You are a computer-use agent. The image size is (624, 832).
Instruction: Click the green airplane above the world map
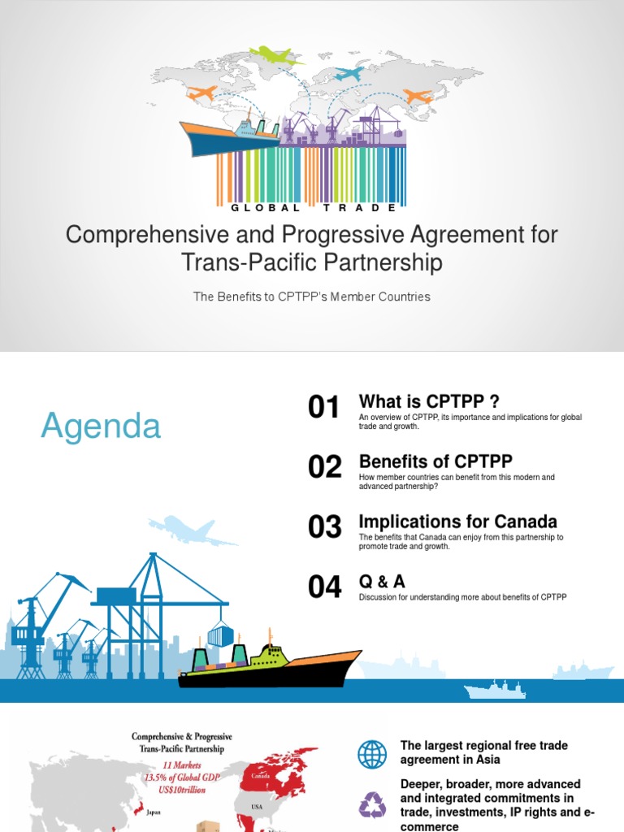tap(276, 56)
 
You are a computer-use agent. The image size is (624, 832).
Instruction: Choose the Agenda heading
tap(101, 426)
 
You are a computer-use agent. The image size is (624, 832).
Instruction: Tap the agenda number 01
tap(324, 408)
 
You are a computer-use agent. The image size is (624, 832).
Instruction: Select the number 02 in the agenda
tap(324, 467)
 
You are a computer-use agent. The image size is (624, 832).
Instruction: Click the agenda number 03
tap(324, 527)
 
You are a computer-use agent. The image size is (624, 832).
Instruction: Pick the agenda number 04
tap(324, 587)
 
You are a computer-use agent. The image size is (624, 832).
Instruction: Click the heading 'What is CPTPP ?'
tap(429, 402)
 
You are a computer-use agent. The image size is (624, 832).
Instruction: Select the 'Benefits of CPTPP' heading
tap(435, 461)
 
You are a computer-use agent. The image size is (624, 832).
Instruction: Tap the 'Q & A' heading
tap(382, 582)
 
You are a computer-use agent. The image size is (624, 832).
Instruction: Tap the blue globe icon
tap(373, 755)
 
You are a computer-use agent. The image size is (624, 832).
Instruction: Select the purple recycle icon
tap(373, 804)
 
